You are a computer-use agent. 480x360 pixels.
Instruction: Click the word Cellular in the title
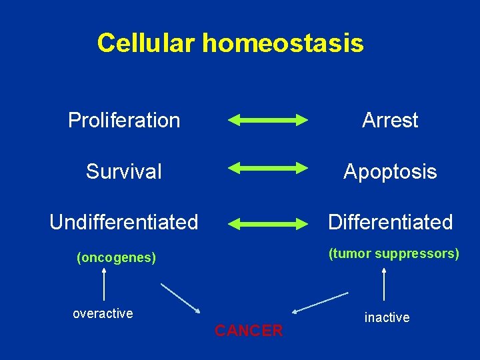point(146,43)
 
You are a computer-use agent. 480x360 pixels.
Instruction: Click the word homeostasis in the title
point(283,43)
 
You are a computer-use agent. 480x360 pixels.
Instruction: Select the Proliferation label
point(124,121)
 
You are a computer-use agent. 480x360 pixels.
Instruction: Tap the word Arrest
point(390,121)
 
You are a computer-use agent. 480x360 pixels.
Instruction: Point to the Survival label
point(124,171)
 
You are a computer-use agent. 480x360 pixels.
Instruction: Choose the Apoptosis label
point(390,171)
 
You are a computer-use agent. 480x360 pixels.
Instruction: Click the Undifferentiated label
point(124,222)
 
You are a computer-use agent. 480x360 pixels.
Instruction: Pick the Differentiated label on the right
point(390,222)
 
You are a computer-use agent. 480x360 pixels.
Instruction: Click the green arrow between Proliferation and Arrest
point(267,121)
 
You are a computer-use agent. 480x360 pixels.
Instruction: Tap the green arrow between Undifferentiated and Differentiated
point(267,223)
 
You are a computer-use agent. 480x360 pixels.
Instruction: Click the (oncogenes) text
point(117,258)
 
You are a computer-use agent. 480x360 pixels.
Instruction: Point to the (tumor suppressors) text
point(393,254)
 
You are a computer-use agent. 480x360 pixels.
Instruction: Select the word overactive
point(103,313)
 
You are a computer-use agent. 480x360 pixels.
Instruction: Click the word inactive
point(387,318)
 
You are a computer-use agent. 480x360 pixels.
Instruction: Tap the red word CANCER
point(249,331)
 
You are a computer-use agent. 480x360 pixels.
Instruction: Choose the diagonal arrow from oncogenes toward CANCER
point(180,297)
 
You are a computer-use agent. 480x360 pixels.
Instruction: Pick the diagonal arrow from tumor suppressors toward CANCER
point(320,302)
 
